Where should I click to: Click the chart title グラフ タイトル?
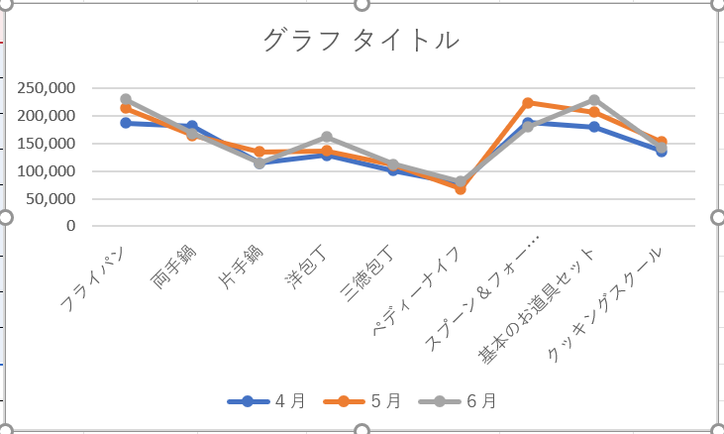coord(362,41)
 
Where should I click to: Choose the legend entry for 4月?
coord(267,401)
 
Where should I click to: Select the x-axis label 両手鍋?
coord(174,266)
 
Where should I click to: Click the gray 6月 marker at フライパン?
coord(126,100)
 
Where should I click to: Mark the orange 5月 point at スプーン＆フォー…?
coord(528,103)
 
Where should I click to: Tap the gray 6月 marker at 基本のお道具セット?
coord(594,100)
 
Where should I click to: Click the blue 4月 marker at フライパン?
coord(126,123)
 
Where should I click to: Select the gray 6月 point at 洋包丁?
coord(327,138)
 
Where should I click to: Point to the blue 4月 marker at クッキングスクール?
coord(662,152)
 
